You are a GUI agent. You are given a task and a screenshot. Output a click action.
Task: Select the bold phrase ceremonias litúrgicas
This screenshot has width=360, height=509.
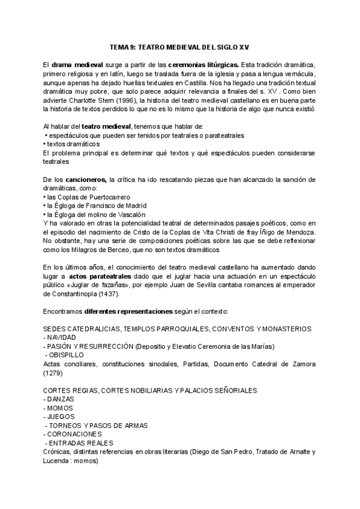point(203,64)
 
